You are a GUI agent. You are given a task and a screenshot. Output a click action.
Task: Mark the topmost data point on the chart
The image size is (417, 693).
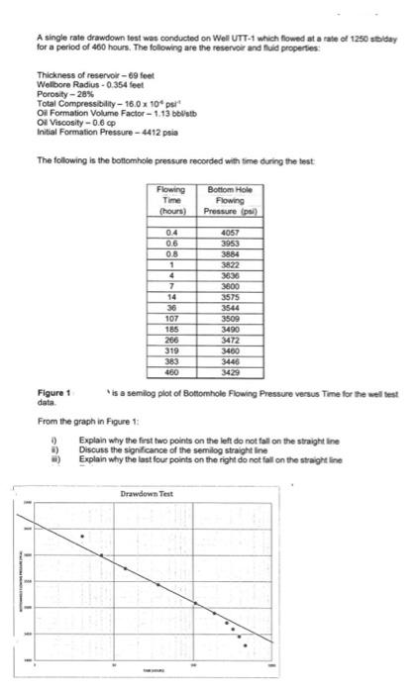82,537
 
